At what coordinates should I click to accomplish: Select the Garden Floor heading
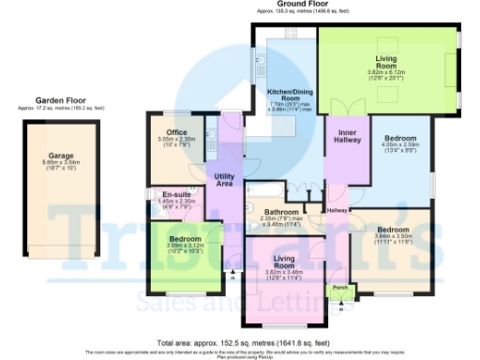60,100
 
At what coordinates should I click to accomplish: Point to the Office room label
176,132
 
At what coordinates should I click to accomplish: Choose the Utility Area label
223,179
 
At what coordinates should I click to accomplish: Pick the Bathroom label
280,212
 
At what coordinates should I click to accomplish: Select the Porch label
340,286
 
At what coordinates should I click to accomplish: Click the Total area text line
243,343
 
